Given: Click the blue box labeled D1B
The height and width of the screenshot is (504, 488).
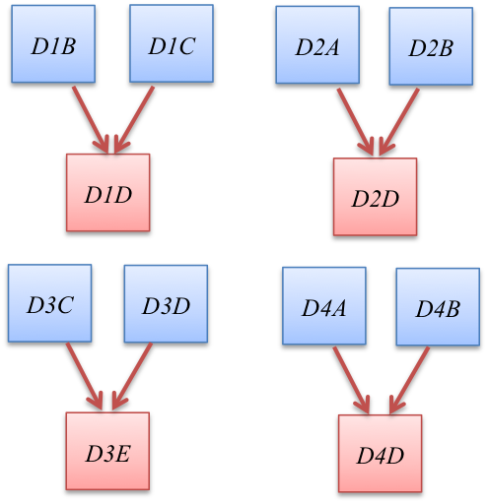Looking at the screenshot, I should click(x=53, y=44).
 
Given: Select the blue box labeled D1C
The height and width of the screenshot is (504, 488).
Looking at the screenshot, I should click(x=172, y=44).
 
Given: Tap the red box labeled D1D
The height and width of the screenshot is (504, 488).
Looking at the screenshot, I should click(x=108, y=193).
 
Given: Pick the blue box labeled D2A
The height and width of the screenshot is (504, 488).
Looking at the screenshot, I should click(x=317, y=45).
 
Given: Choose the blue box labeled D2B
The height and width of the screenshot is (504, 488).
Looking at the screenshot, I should click(x=431, y=47).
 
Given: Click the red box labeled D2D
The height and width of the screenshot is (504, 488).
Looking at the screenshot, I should click(x=375, y=197).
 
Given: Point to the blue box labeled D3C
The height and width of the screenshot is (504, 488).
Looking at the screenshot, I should click(x=50, y=303).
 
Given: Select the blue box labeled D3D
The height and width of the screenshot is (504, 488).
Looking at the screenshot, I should click(x=166, y=304).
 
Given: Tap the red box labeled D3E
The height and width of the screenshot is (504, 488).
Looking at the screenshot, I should click(x=107, y=451).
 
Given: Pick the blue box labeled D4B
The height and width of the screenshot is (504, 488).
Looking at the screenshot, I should click(x=438, y=307).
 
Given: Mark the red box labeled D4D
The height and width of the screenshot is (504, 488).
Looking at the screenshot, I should click(x=380, y=455).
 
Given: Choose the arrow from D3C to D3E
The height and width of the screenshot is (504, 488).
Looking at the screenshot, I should click(x=84, y=376).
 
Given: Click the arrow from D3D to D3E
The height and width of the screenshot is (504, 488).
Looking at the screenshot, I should click(x=132, y=376).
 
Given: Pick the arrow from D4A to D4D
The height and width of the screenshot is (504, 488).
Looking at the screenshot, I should click(x=350, y=379).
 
